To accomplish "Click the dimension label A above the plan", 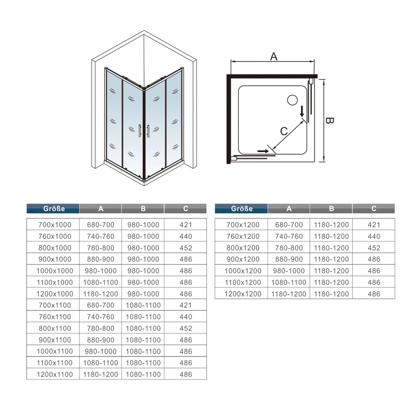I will click(274, 56).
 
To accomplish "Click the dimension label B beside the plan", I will click(330, 120).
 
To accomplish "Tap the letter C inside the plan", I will click(284, 131).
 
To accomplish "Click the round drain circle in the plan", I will click(292, 100).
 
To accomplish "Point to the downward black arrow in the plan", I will click(302, 111).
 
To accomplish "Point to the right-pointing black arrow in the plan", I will click(263, 151).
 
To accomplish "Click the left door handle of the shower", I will click(140, 131).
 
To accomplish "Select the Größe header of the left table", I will click(53, 209).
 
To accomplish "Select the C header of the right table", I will click(374, 209).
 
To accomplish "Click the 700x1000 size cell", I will click(55, 225).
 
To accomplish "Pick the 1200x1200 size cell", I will click(242, 294).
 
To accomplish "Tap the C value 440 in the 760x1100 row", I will click(186, 317).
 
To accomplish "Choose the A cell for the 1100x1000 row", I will click(101, 282).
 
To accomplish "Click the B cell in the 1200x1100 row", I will click(143, 374).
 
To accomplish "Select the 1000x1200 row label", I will click(242, 271).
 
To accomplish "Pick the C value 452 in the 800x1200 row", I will click(374, 248).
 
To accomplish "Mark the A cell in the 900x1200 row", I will click(289, 259).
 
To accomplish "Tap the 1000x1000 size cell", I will click(55, 271).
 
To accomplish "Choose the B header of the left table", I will click(143, 209).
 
